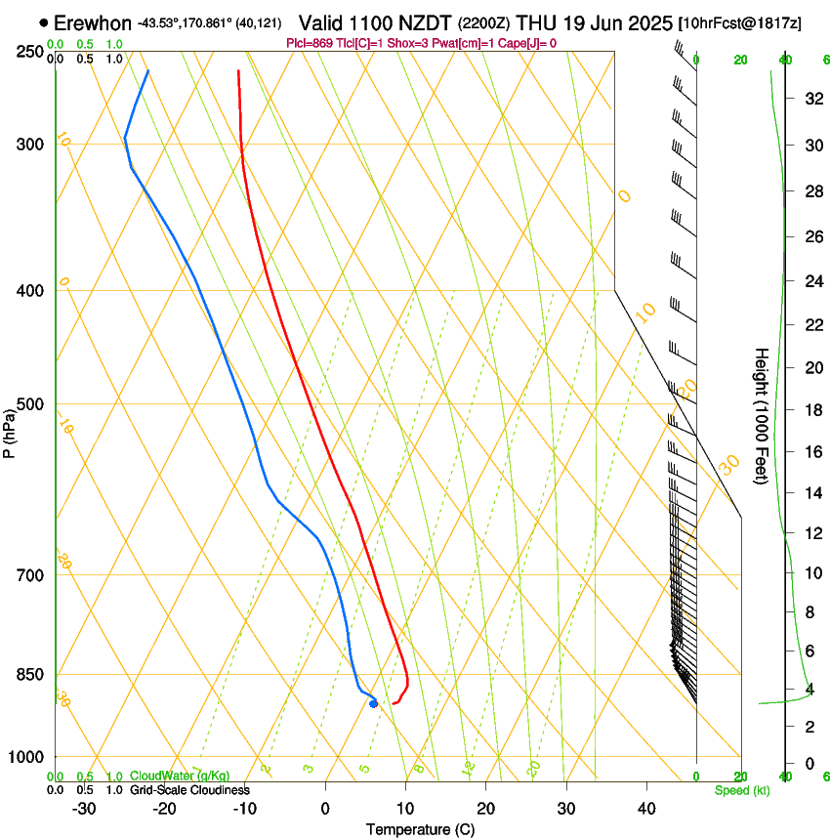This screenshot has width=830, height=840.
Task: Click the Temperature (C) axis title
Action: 420,829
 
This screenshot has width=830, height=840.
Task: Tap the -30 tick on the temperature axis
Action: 84,809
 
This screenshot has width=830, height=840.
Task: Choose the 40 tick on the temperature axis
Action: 646,809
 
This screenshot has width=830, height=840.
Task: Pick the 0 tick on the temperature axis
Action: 326,809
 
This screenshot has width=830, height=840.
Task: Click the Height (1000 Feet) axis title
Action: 762,416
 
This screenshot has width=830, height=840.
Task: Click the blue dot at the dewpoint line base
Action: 373,703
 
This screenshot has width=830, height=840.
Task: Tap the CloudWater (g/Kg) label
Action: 167,777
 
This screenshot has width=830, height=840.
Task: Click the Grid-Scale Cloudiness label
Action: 189,789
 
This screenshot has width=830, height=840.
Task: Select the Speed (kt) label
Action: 742,789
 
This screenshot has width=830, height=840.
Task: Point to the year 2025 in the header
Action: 645,22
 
